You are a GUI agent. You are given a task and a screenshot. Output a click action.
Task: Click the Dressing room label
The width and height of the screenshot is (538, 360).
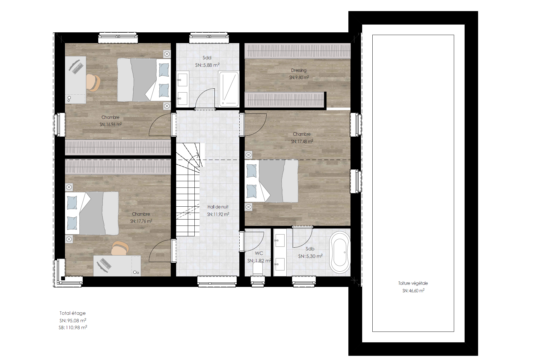299,70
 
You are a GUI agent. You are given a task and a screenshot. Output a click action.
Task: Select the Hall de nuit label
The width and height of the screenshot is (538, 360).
218,207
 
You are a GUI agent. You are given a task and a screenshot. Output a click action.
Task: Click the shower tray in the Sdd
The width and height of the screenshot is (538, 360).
229,89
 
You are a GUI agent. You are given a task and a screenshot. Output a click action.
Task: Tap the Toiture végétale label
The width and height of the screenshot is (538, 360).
413,283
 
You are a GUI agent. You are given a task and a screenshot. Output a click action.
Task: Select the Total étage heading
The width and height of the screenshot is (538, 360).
72,313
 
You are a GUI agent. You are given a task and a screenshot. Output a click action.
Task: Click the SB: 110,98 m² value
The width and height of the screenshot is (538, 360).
73,328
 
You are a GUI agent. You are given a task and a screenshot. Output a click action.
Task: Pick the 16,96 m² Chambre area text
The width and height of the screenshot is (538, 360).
111,125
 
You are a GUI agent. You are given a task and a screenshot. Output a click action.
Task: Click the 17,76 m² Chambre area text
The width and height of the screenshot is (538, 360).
141,221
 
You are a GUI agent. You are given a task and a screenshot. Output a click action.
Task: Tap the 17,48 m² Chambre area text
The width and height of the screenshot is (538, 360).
302,141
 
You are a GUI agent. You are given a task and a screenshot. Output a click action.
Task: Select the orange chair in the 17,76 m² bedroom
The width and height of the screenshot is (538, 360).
120,248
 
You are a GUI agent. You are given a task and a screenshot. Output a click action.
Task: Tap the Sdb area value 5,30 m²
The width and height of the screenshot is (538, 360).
310,256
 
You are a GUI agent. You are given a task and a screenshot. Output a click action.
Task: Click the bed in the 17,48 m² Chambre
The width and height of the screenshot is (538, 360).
271,181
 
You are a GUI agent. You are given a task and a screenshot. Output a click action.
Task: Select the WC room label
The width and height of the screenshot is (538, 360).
259,253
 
